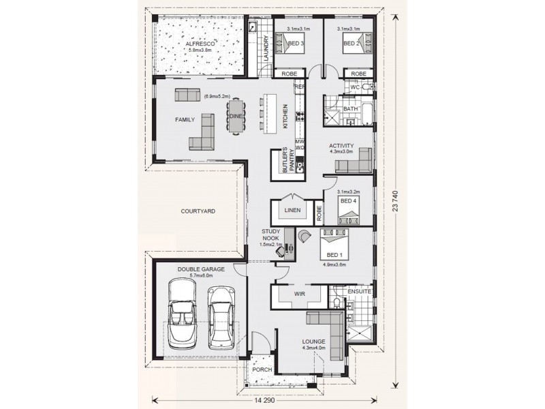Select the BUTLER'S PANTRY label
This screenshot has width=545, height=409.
[287, 164]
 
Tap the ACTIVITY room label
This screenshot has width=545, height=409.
[341, 146]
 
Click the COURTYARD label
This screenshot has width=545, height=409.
[198, 212]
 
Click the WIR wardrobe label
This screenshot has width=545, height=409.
[298, 294]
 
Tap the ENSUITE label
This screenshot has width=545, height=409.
[359, 291]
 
